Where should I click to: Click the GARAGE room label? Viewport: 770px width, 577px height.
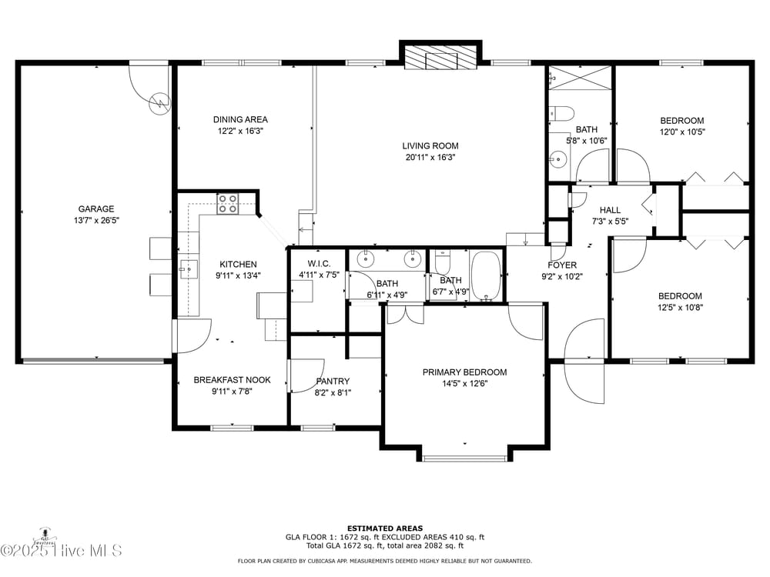point(95,208)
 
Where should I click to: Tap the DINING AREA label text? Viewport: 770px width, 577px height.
point(240,119)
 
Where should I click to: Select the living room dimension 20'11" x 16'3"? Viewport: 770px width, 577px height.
point(430,157)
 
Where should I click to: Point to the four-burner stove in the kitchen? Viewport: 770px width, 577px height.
point(227,203)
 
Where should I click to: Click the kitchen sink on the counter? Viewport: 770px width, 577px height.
point(187,268)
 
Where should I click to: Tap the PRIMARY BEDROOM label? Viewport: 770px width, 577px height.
point(464,372)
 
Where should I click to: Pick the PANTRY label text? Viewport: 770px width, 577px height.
point(333,381)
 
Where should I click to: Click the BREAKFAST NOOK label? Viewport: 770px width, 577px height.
point(223,380)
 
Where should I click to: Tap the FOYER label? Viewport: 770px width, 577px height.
point(562,265)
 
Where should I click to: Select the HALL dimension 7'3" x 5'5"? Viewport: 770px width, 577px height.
point(610,221)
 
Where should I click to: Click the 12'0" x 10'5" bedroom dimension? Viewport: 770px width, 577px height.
point(681,132)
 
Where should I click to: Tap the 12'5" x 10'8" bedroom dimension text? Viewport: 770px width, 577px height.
point(679,307)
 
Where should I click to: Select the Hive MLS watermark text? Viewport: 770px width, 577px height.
point(62,549)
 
